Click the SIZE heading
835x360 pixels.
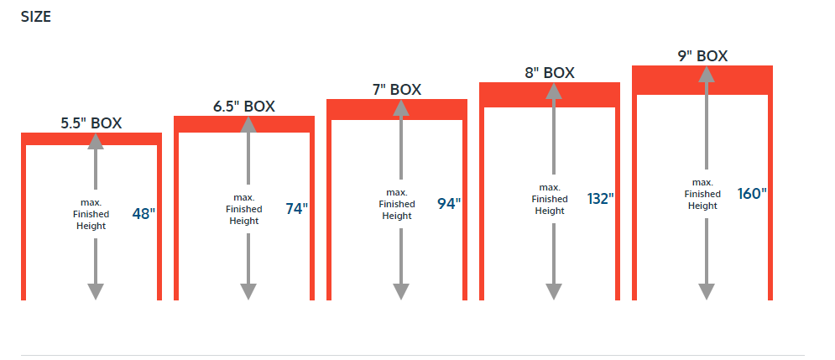[x=36, y=17]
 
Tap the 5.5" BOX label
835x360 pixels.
[x=91, y=123]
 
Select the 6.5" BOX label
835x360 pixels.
[x=244, y=107]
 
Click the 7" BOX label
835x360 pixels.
[x=397, y=90]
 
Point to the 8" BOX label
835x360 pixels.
[x=550, y=73]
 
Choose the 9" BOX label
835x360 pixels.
[x=702, y=56]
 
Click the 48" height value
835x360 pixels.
[x=144, y=214]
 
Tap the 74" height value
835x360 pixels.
[x=296, y=209]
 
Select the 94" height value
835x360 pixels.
[x=449, y=203]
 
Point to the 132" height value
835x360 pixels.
[x=601, y=199]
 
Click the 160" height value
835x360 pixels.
[x=752, y=193]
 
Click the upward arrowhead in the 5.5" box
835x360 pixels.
[x=96, y=141]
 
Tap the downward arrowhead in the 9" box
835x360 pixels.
[x=707, y=292]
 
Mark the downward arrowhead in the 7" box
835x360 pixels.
[x=401, y=292]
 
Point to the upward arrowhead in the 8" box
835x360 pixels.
[x=554, y=91]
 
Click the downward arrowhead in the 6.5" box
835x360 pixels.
[x=248, y=292]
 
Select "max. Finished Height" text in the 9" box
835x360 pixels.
[x=702, y=194]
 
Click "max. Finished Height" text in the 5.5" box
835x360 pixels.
[x=91, y=214]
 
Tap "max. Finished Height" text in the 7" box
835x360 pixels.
[x=397, y=204]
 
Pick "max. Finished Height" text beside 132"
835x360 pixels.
[x=550, y=199]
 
